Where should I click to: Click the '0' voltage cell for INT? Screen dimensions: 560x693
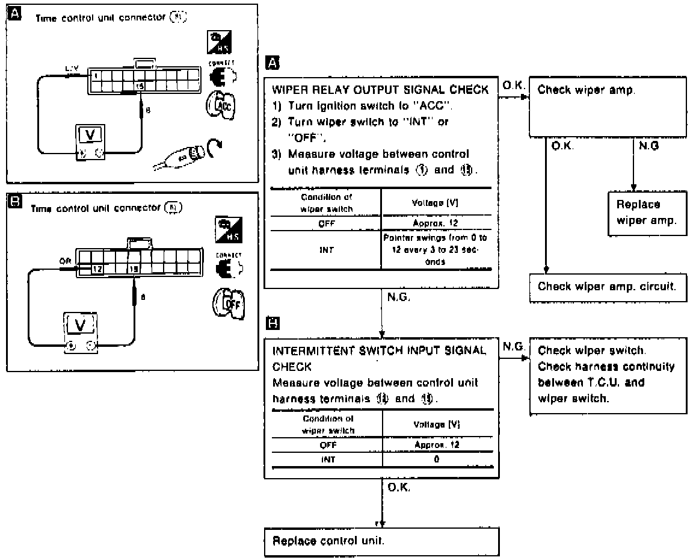(x=437, y=459)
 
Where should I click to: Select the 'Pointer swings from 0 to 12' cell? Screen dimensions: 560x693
(x=436, y=250)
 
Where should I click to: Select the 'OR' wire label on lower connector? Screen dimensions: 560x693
(x=66, y=261)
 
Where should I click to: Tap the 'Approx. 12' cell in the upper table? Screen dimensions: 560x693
(x=436, y=221)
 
